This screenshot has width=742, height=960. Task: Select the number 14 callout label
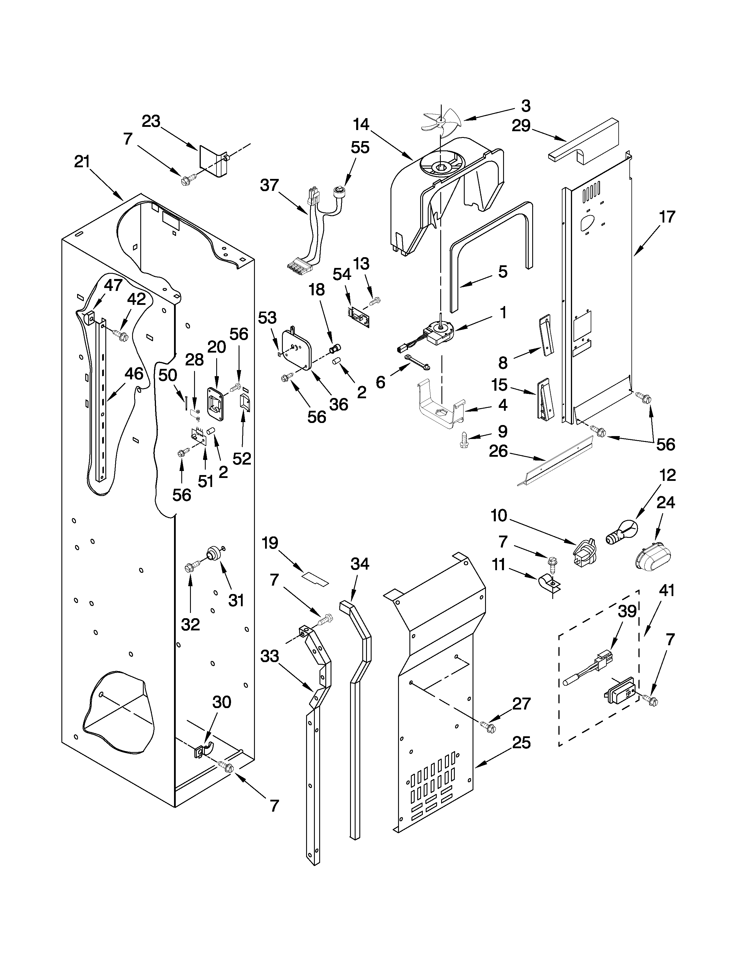point(361,125)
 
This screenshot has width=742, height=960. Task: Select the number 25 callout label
point(521,743)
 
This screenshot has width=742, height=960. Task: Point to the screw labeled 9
point(463,440)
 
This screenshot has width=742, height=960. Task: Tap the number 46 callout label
point(134,374)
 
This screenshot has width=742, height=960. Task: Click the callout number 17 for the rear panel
point(667,217)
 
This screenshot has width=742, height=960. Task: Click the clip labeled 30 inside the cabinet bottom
point(202,749)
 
